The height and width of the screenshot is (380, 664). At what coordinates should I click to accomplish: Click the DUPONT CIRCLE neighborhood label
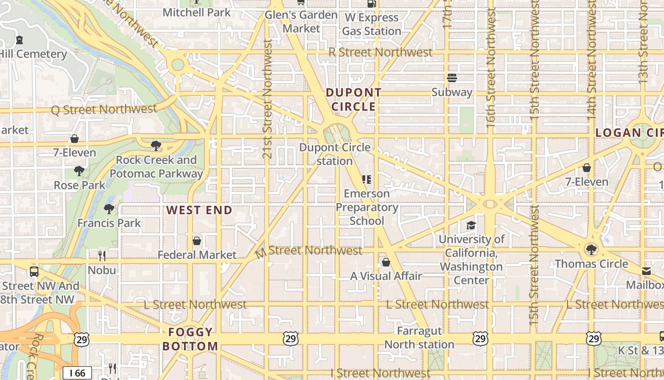click(353, 100)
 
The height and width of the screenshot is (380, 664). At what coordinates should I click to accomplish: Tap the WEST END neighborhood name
click(199, 210)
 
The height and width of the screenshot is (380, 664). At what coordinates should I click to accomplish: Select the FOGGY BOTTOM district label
click(190, 339)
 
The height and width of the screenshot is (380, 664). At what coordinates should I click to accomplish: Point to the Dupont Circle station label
click(335, 154)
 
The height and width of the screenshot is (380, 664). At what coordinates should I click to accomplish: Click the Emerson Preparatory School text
click(367, 207)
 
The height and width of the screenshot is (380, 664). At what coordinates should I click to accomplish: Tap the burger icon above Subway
click(452, 78)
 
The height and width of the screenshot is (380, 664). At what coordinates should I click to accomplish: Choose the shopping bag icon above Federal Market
click(197, 241)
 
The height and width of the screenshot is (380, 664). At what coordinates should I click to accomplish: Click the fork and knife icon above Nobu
click(102, 256)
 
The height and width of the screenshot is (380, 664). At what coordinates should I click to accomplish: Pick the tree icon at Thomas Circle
click(591, 249)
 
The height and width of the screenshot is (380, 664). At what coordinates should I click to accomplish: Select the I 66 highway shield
click(77, 373)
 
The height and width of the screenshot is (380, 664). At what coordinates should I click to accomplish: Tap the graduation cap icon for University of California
click(471, 225)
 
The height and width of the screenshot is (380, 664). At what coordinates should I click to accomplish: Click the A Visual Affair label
click(386, 276)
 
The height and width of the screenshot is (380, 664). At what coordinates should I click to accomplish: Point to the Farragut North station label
click(419, 337)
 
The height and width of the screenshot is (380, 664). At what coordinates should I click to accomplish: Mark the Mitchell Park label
click(196, 12)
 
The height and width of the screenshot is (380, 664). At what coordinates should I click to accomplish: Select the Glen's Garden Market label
click(301, 21)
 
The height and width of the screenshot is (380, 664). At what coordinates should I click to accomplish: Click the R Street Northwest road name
click(380, 52)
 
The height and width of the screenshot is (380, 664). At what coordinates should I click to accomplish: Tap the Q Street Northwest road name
click(104, 109)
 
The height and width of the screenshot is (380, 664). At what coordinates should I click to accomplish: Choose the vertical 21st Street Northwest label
click(267, 98)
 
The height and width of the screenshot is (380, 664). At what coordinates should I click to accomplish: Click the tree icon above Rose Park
click(79, 171)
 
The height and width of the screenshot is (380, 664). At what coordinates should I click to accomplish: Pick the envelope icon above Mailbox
click(646, 271)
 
